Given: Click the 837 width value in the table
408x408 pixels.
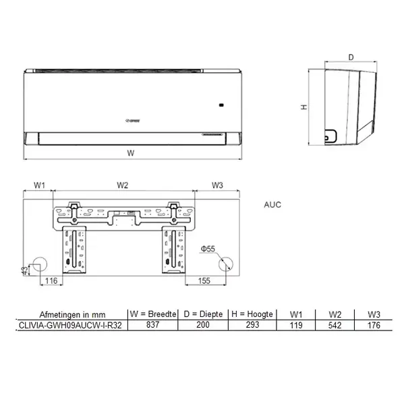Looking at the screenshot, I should point(152,326).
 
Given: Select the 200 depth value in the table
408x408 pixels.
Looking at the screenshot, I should point(203,326).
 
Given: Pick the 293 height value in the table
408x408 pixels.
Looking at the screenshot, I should point(252,326).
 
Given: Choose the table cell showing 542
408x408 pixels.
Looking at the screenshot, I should point(334,326).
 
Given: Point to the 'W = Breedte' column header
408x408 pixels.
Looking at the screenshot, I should point(152,314).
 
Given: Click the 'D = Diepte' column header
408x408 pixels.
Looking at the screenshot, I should point(203,314).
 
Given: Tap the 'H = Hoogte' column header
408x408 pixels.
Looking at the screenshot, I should point(252,314).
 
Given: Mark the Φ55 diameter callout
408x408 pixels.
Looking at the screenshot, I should point(207,250).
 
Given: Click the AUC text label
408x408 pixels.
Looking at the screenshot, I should point(273,205).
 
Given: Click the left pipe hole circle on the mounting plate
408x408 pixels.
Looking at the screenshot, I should point(40,262).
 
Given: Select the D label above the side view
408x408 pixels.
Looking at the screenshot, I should point(351,57).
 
